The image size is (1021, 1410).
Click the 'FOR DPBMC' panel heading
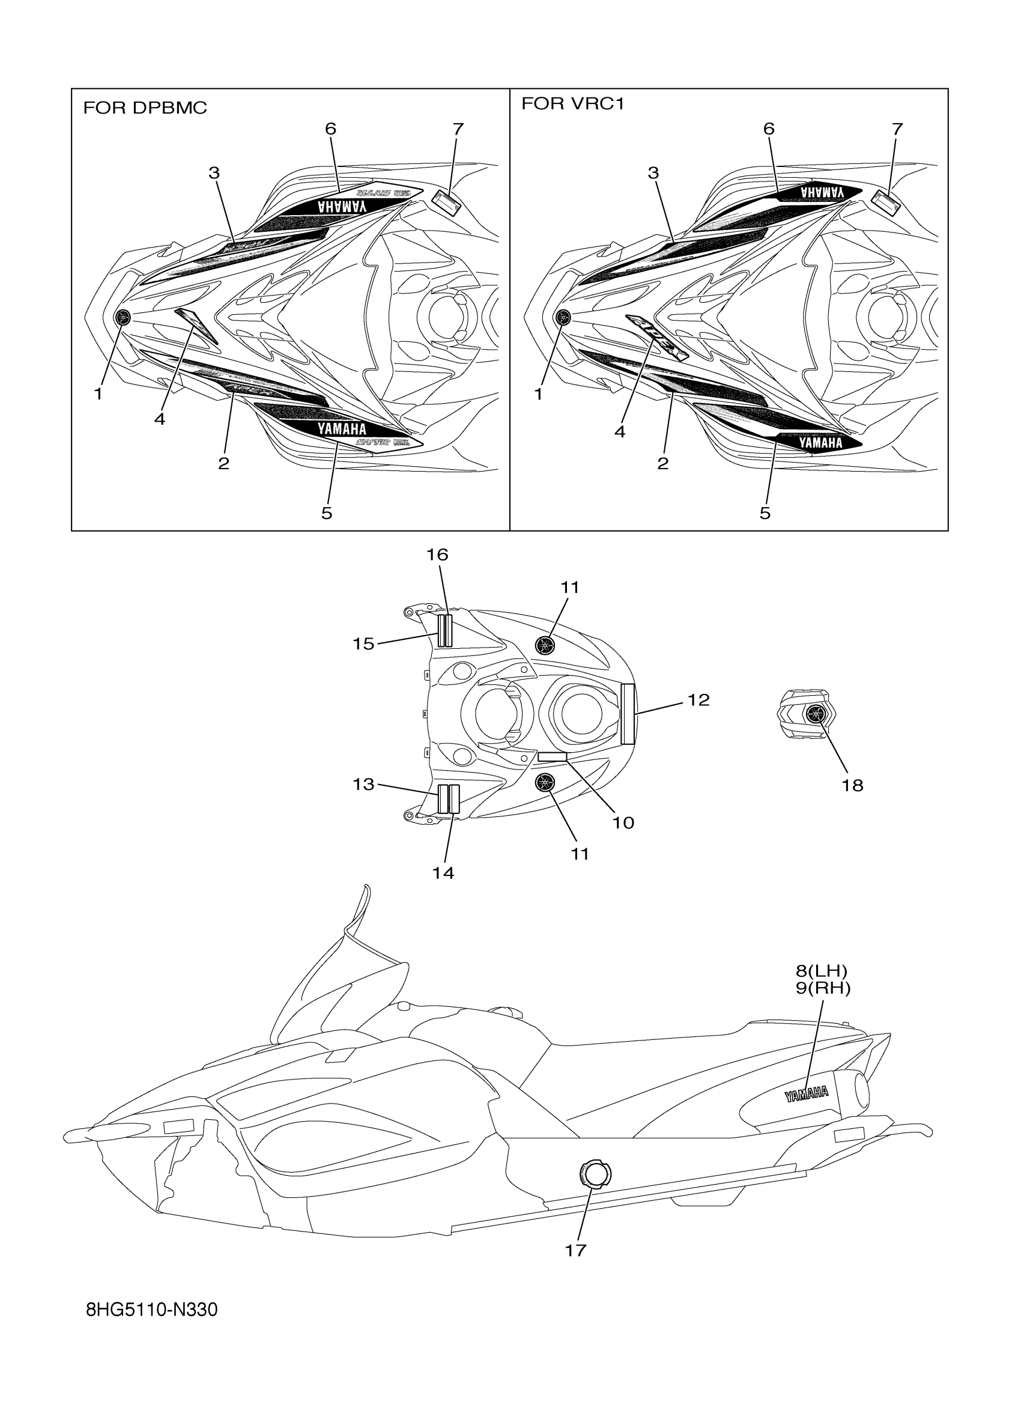pyautogui.click(x=145, y=108)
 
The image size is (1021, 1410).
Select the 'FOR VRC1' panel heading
pyautogui.click(x=572, y=104)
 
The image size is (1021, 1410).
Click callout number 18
pyautogui.click(x=852, y=785)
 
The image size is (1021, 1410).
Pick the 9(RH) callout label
pyautogui.click(x=823, y=988)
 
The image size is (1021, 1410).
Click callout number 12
pyautogui.click(x=698, y=700)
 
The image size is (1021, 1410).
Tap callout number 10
pyautogui.click(x=623, y=822)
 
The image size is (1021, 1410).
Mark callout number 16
pyautogui.click(x=437, y=555)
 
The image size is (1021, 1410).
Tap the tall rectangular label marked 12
pyautogui.click(x=628, y=713)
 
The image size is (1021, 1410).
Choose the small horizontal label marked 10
pyautogui.click(x=552, y=756)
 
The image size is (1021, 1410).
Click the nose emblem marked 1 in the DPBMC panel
pyautogui.click(x=123, y=317)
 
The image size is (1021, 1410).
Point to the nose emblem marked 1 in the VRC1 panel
pyautogui.click(x=563, y=317)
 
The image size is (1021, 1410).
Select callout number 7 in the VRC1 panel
pyautogui.click(x=897, y=129)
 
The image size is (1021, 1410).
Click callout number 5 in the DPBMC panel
pyautogui.click(x=326, y=513)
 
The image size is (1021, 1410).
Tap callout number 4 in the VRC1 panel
pyautogui.click(x=620, y=431)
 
